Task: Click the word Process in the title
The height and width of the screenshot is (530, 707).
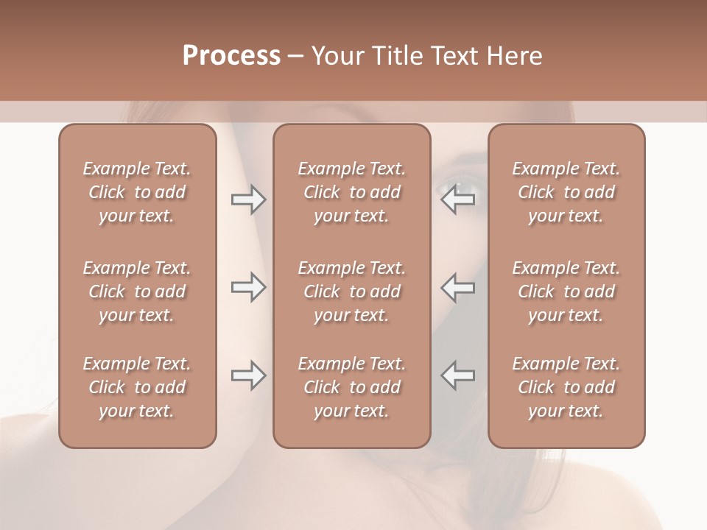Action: pos(231,56)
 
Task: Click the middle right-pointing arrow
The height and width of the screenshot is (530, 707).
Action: pos(248,288)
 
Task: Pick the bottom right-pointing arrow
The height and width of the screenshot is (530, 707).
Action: pos(248,375)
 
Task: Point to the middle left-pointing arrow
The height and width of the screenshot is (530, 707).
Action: pos(458,288)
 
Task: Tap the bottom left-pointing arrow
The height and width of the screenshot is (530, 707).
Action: pos(458,375)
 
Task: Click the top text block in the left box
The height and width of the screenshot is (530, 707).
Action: pos(137,192)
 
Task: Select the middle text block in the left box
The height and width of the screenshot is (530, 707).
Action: pos(137,291)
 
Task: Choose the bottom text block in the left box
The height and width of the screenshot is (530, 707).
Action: pos(137,387)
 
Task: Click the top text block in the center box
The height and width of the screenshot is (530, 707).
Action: pos(352,192)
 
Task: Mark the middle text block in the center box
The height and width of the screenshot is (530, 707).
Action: pos(352,291)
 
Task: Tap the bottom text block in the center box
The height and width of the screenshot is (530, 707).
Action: pos(352,387)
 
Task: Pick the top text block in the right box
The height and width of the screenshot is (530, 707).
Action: pos(566,192)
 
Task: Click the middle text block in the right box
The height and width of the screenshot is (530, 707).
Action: pos(566,291)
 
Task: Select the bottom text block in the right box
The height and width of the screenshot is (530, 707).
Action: pos(566,387)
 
